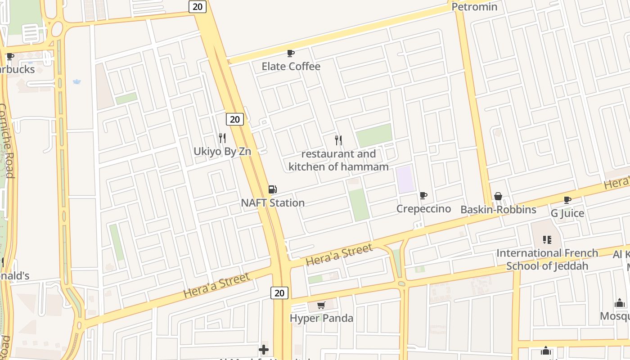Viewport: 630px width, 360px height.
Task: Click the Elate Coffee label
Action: coord(291,67)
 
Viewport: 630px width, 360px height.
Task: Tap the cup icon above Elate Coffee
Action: coord(291,53)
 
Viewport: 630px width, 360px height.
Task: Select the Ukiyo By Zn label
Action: coord(222,151)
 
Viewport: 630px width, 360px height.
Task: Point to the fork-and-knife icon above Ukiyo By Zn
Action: coord(222,138)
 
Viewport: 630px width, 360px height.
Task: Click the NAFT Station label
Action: coord(273,203)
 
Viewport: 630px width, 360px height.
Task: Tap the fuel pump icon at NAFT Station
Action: coord(272,189)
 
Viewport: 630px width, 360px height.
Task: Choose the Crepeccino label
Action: coord(423,209)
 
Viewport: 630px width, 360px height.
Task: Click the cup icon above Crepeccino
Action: coord(423,195)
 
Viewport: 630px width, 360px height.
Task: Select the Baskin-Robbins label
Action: coord(498,210)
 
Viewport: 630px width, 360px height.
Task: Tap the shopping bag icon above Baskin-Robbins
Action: coord(498,196)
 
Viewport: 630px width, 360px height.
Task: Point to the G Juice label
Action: coord(567,213)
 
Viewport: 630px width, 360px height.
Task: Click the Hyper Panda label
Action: coord(321,319)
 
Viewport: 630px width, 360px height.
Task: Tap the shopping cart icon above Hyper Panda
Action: coord(321,306)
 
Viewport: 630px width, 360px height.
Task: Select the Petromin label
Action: coord(474,7)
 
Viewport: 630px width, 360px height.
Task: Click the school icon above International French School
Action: coord(547,239)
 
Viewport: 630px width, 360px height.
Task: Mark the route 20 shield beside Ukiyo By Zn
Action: coord(234,119)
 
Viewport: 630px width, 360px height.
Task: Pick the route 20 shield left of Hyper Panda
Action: coord(279,293)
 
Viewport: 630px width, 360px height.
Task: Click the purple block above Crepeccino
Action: coord(405,179)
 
